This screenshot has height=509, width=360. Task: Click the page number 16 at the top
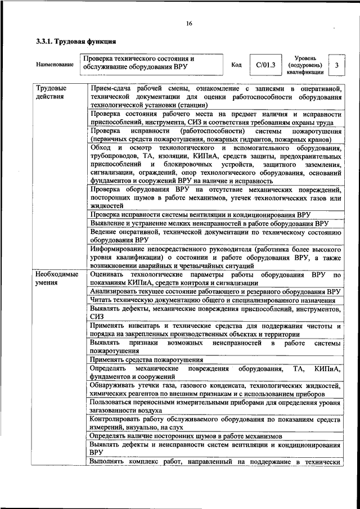click(x=189, y=24)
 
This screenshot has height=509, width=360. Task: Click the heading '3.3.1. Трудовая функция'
click(x=75, y=42)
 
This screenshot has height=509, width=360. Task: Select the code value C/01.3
click(x=265, y=65)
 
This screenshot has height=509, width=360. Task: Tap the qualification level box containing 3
click(x=336, y=66)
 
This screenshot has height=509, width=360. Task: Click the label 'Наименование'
click(x=55, y=65)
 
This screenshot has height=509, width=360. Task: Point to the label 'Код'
click(x=236, y=65)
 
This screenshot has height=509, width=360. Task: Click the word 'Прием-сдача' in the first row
click(x=110, y=89)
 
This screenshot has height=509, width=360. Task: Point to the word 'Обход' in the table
click(x=101, y=147)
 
